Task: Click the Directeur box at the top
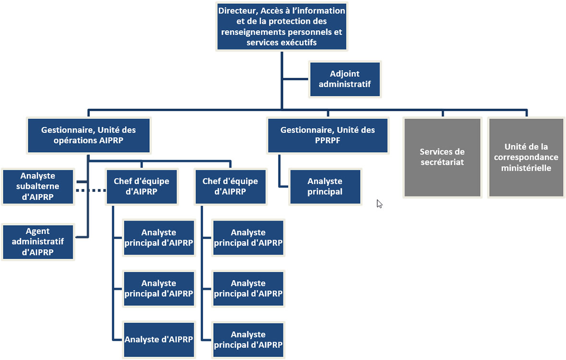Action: point(282,26)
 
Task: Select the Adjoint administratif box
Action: point(345,79)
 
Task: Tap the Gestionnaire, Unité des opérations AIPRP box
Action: point(88,135)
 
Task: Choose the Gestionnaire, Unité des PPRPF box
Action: point(327,135)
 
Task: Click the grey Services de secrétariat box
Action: point(442,157)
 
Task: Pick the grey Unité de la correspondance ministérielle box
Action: point(526,157)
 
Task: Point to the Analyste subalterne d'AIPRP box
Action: point(39,187)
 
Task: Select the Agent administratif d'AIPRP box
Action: point(38,242)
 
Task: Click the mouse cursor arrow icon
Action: point(380,204)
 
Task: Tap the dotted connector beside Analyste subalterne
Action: point(91,191)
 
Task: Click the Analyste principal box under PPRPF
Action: point(325,186)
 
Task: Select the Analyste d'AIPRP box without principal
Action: point(159,339)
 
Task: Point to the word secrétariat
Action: point(442,162)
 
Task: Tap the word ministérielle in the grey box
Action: point(526,168)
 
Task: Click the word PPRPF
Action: point(327,141)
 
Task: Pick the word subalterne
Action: point(39,187)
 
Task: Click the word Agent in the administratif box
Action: point(38,231)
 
